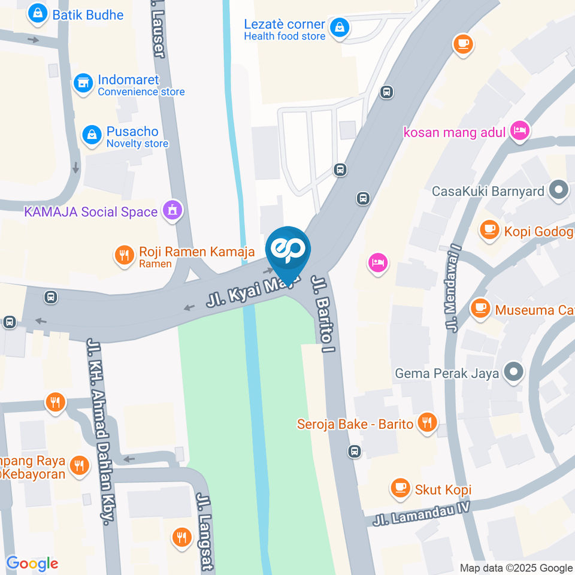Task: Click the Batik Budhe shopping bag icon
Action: pos(38,14)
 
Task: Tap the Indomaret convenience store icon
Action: pos(83,84)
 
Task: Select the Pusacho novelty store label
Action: pos(137,137)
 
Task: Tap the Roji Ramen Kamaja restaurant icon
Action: pos(124,257)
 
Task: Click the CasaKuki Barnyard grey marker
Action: pos(559,192)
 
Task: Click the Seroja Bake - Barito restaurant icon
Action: pos(427,423)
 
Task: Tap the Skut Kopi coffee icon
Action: pos(400,489)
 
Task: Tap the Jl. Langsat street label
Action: pos(205,531)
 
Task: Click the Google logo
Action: pos(32,564)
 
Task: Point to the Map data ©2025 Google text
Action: pos(516,568)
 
